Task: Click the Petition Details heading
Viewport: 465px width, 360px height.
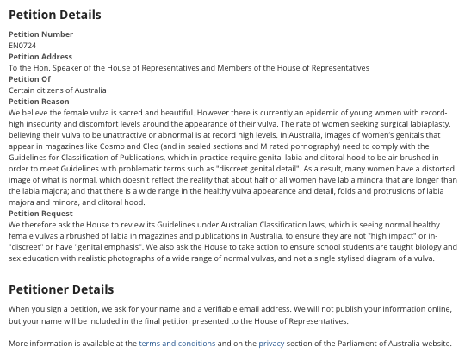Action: click(x=54, y=15)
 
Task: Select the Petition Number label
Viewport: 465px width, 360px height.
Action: click(x=40, y=34)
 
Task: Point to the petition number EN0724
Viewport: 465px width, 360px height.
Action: click(x=22, y=46)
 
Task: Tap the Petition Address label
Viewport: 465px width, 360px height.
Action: click(x=40, y=57)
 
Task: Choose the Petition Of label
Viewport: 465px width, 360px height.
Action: click(x=29, y=79)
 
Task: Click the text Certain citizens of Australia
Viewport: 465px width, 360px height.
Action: click(x=58, y=90)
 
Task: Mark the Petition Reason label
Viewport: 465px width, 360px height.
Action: click(x=39, y=102)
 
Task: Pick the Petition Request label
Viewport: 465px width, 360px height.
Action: click(x=40, y=214)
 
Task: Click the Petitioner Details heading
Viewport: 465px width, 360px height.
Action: click(x=60, y=289)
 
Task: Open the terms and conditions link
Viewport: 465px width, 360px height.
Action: click(x=177, y=344)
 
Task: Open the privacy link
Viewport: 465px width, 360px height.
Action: click(x=271, y=344)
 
